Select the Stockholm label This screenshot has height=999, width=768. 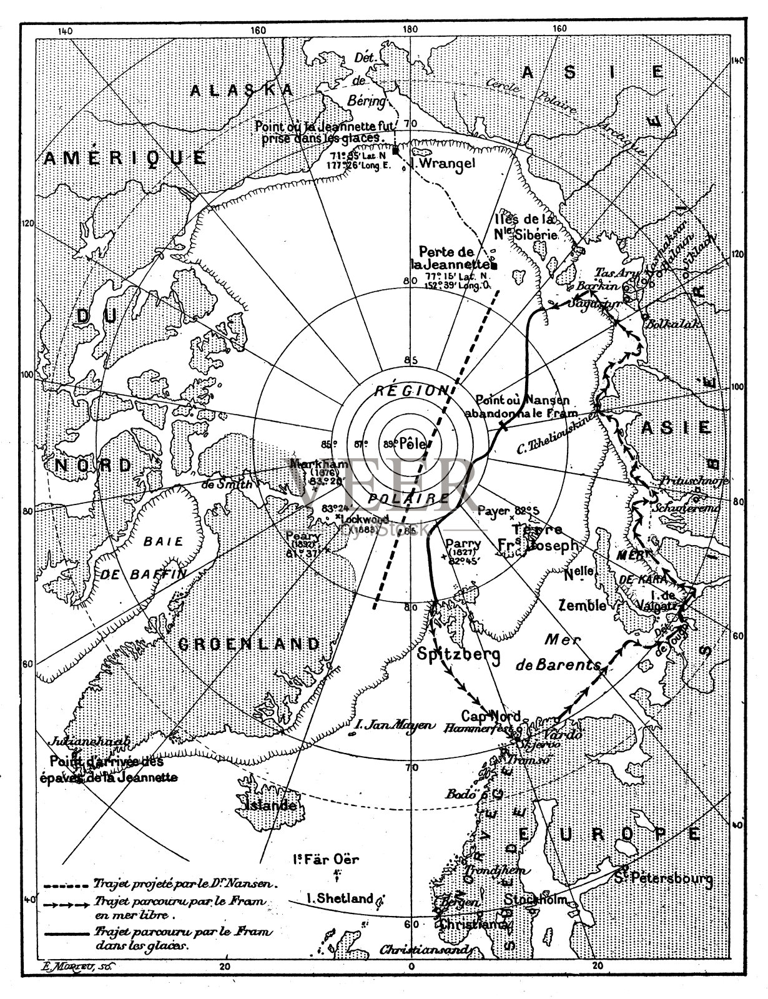tap(536, 900)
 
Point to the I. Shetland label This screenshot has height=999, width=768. tap(340, 899)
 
